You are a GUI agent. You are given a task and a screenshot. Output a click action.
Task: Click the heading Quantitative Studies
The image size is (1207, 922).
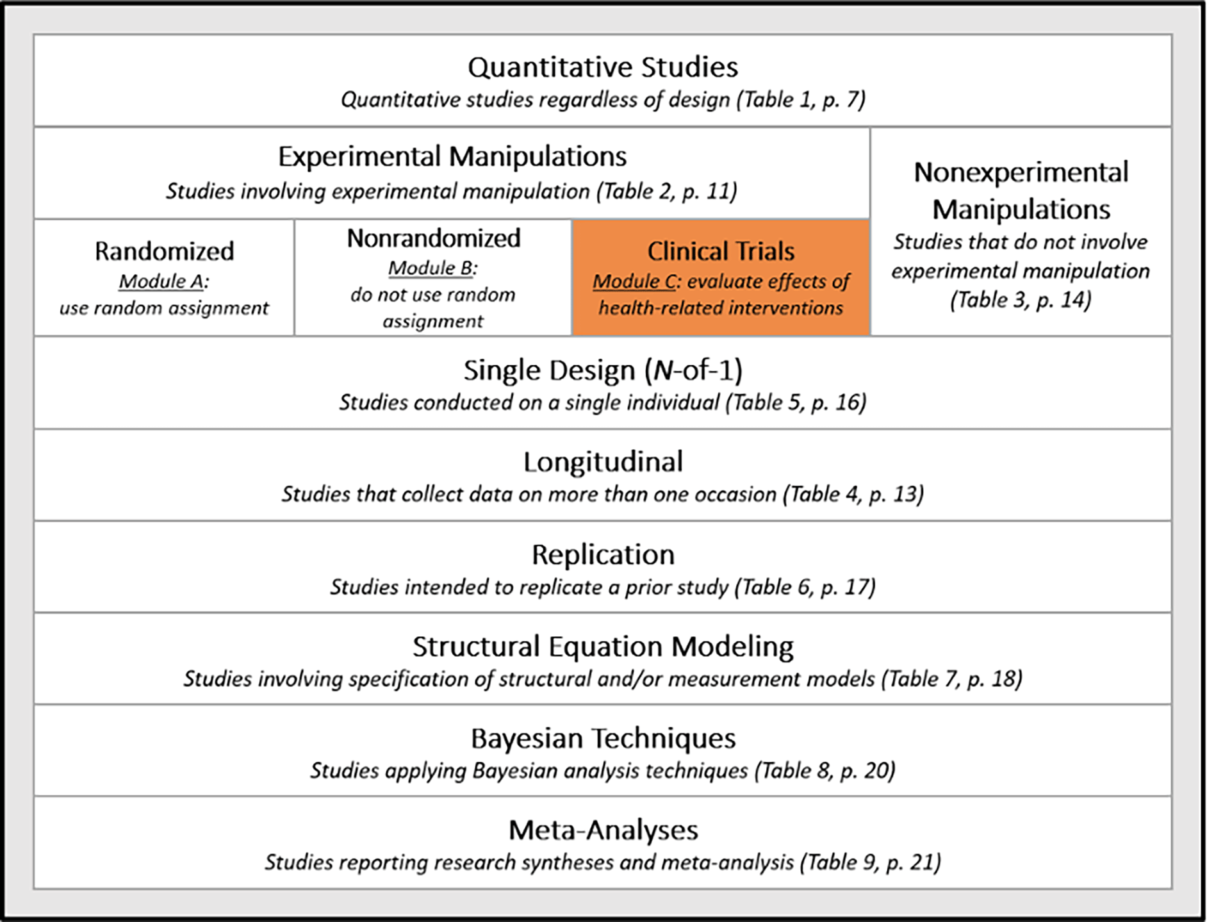[x=603, y=67]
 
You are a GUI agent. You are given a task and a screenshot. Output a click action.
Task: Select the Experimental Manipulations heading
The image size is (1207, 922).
[x=452, y=157]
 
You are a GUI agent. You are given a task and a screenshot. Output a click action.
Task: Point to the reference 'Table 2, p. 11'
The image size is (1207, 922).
[x=666, y=192]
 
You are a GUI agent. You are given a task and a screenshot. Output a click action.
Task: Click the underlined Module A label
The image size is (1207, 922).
[x=161, y=282]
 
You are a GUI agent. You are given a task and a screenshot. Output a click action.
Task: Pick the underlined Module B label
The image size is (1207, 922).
[x=430, y=268]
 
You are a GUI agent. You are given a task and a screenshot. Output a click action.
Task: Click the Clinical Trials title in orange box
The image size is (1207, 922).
[x=721, y=251]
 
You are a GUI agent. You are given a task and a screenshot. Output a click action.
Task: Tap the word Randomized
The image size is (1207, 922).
[x=165, y=251]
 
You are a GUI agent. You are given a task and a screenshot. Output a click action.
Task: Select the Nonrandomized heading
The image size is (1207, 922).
[x=434, y=238]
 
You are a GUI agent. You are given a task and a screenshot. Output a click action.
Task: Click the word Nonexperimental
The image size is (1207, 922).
[x=1021, y=172]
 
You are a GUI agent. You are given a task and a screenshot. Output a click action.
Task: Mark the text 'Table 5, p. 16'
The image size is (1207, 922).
[x=796, y=402]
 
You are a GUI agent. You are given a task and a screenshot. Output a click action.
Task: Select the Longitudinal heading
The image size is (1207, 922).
[x=603, y=462]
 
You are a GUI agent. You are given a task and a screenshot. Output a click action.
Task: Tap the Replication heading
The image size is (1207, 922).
[x=603, y=555]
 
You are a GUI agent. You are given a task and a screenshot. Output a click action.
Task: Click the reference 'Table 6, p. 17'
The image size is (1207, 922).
[x=805, y=587]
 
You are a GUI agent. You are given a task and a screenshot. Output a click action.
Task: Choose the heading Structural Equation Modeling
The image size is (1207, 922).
[x=603, y=647]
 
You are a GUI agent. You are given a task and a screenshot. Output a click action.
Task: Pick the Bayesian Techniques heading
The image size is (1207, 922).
[x=603, y=739]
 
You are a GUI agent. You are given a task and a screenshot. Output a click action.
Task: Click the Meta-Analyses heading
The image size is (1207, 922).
[x=603, y=830]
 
